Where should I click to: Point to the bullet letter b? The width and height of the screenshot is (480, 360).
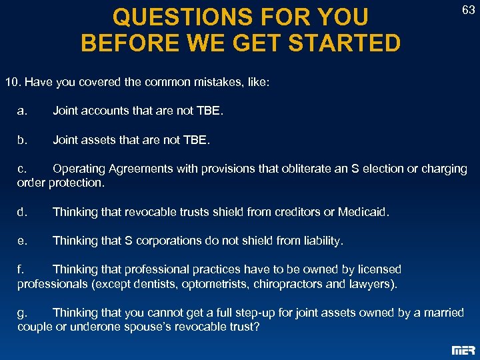coord(22,140)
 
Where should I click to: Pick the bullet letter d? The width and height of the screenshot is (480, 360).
coord(22,212)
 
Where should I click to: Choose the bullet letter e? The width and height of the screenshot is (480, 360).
coord(22,241)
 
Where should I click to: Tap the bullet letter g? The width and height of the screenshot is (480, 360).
coord(21,313)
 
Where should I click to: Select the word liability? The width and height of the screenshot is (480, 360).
coord(320,241)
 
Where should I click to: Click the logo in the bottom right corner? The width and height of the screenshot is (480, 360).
coord(463,350)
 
